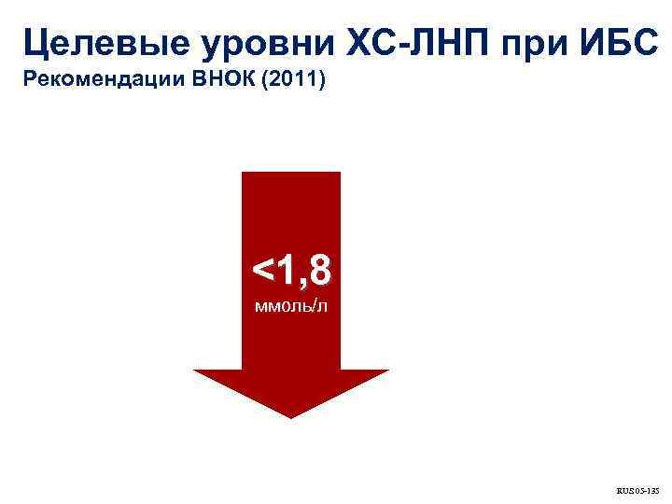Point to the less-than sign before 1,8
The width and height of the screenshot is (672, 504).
[262, 273]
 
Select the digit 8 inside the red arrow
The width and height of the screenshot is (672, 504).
[317, 271]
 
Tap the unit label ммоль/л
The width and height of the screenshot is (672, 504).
[291, 306]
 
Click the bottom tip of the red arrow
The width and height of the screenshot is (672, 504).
[291, 416]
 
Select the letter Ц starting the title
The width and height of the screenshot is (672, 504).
[35, 42]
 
